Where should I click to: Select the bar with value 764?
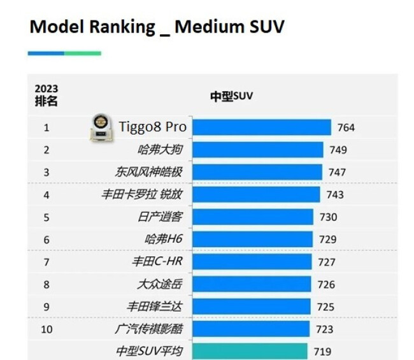click(x=261, y=127)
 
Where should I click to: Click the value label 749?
click(x=338, y=150)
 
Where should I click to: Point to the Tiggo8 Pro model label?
click(x=153, y=127)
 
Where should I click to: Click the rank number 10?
click(x=46, y=329)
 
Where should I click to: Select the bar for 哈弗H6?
click(x=252, y=240)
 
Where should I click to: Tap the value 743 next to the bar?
click(x=334, y=194)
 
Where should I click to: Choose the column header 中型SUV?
click(x=232, y=96)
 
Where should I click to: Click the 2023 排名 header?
click(x=46, y=95)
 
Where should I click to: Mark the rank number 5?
click(x=46, y=217)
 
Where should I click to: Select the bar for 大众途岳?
click(x=251, y=284)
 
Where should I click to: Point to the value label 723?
click(x=324, y=329)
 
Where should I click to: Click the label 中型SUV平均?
click(x=150, y=351)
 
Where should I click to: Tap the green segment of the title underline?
click(x=83, y=53)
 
